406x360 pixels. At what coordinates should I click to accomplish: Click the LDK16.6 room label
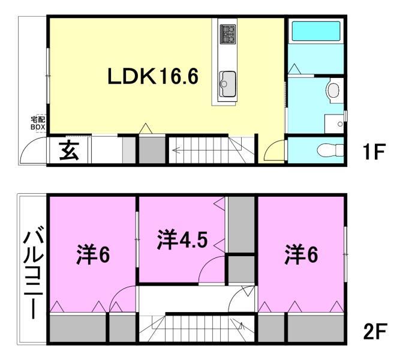click(x=152, y=77)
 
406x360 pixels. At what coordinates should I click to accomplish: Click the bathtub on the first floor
click(x=315, y=32)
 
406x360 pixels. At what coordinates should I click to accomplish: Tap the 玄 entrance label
click(x=70, y=151)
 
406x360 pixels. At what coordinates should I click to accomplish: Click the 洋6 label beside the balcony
click(x=92, y=255)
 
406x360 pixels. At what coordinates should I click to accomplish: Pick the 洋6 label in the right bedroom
click(x=301, y=255)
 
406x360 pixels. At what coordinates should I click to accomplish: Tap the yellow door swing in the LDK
click(x=274, y=151)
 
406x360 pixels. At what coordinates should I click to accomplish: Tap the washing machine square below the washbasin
click(x=332, y=124)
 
